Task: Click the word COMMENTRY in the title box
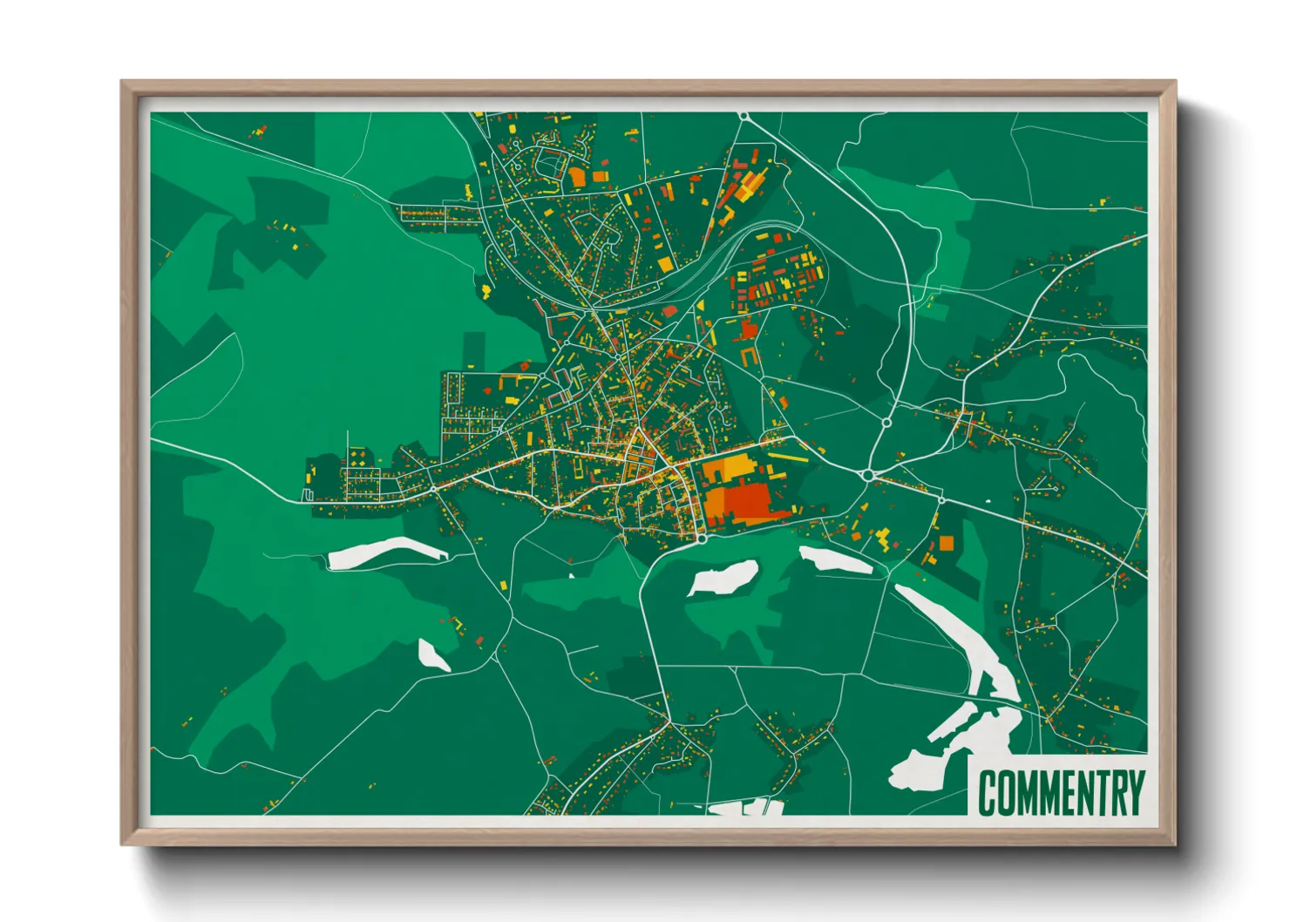1060,792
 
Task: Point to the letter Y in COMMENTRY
1134,792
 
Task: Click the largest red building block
746,502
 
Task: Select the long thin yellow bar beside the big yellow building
788,456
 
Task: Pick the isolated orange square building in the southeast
946,544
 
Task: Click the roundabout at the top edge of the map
743,115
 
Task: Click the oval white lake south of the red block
722,576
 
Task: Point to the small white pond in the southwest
433,654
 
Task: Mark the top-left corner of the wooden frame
122,82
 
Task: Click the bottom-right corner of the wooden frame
1175,844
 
